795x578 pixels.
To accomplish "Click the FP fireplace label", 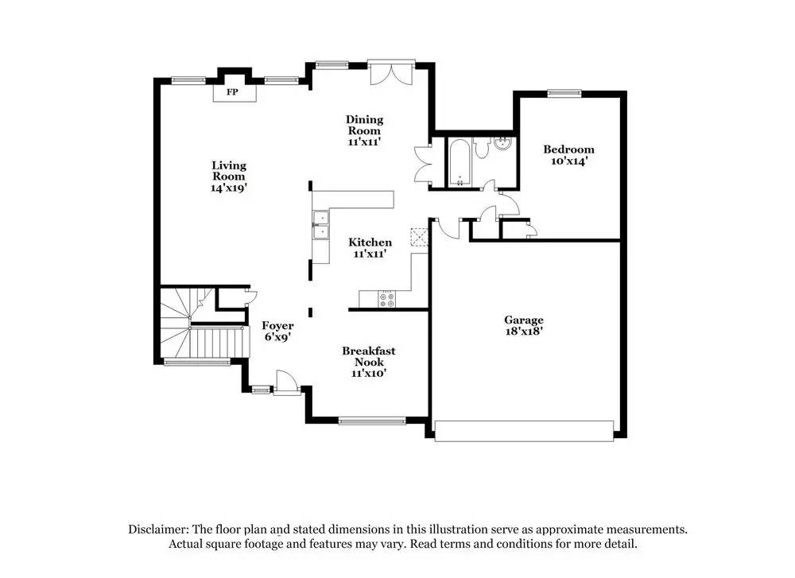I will coord(233,93).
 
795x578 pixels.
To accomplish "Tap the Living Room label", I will coord(229,165).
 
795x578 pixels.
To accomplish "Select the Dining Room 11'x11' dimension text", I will coord(364,142).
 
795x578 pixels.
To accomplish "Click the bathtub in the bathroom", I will coord(460,163).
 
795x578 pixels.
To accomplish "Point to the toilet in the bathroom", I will coord(483,149).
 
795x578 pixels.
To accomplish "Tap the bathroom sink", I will coord(502,145).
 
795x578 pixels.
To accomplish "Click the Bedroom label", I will coord(568,149).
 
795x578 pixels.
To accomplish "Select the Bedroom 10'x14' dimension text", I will coord(568,161).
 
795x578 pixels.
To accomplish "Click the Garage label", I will coord(524,320).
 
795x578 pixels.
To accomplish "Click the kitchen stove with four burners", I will coord(389,299).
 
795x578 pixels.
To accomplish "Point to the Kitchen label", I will coord(370,242).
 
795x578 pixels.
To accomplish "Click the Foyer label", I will coord(277,325).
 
